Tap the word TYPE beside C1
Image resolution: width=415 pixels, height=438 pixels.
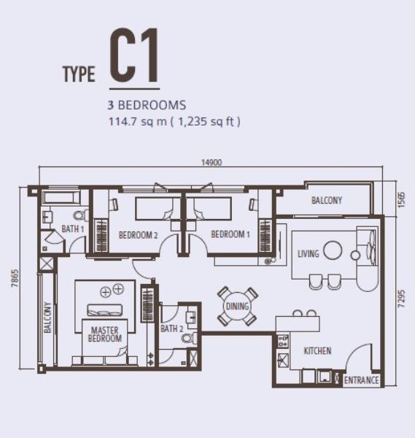click(x=79, y=74)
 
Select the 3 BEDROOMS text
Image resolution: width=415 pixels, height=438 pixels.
click(x=147, y=105)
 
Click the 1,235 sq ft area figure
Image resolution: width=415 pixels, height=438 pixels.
click(x=209, y=122)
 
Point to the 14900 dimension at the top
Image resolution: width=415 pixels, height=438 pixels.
click(x=212, y=163)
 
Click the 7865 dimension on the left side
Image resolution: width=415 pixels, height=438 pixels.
click(x=15, y=278)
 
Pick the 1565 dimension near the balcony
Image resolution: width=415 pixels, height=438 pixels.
click(x=401, y=199)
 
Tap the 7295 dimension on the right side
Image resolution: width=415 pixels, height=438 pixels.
click(x=401, y=299)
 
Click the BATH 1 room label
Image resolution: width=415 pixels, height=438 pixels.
click(x=72, y=229)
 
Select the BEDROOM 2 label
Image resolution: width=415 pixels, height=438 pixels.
click(x=138, y=235)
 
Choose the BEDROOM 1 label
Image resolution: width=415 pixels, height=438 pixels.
click(x=230, y=234)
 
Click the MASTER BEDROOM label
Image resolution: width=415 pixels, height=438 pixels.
click(x=105, y=334)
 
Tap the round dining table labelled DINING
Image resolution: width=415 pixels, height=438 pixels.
click(x=238, y=307)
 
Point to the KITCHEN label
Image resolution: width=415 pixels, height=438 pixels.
click(x=317, y=351)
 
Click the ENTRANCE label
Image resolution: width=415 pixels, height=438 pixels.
click(x=362, y=380)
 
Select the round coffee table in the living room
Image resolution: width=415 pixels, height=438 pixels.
click(x=333, y=250)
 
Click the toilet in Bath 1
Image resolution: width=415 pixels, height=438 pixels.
click(x=81, y=215)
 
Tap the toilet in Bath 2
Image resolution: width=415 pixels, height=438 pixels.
click(x=190, y=339)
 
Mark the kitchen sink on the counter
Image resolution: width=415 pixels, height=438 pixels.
click(x=283, y=360)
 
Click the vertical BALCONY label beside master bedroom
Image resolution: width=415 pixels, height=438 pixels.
click(x=47, y=318)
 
